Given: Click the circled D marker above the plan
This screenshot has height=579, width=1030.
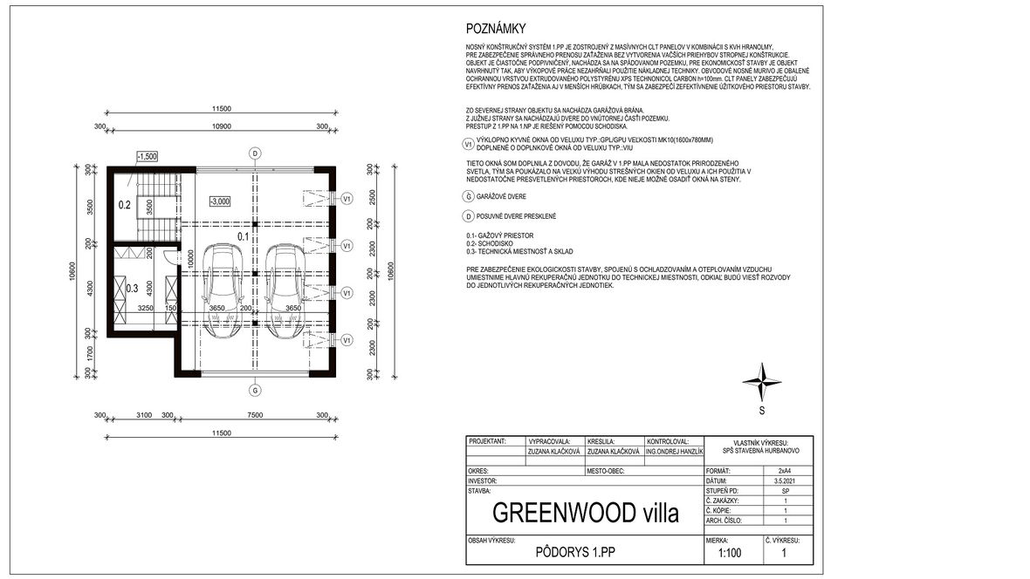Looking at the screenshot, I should [255, 153].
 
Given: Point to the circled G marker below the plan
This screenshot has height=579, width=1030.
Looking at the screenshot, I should [255, 389].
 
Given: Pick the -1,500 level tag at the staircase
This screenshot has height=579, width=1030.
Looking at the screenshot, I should [147, 156].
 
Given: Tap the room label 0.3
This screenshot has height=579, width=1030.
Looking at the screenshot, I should [133, 287].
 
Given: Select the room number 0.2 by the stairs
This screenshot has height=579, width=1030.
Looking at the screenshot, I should [125, 206].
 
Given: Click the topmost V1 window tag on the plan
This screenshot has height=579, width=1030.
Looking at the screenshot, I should [347, 198].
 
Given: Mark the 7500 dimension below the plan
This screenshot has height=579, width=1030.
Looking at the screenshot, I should [255, 415].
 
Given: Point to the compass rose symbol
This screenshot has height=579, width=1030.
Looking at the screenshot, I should [761, 380].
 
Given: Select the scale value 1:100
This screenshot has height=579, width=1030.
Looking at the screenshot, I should [731, 552].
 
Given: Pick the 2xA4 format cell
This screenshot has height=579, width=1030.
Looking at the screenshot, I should [785, 471].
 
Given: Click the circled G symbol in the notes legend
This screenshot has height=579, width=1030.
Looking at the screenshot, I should [470, 197].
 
